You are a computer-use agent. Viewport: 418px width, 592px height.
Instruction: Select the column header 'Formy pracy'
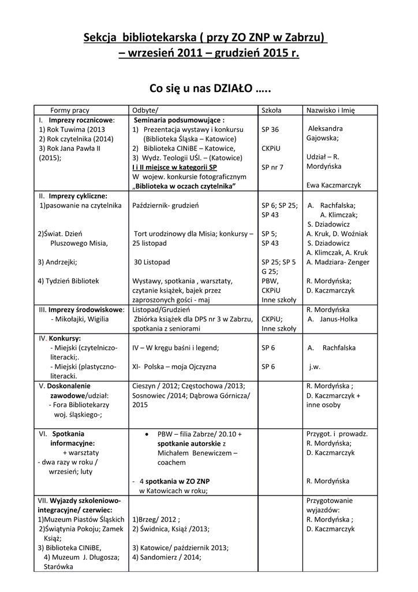pos(70,110)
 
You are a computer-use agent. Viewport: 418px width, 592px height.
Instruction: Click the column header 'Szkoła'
pos(271,110)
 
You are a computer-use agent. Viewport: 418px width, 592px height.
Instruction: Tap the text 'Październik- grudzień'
pos(166,205)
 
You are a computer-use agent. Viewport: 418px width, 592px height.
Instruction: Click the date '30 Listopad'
pos(152,262)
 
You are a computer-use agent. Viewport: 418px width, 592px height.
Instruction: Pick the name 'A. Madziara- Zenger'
pos(338,262)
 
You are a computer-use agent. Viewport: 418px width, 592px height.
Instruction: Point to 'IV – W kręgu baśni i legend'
pos(176,347)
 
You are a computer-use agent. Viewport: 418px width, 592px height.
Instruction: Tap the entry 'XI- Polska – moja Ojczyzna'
pos(174,367)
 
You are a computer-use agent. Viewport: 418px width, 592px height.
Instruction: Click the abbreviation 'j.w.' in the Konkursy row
pos(315,367)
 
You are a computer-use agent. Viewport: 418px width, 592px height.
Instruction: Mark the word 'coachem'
pos(171,462)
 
